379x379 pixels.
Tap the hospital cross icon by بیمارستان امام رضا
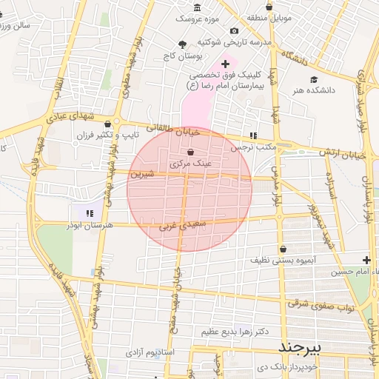pyautogui.click(x=226, y=65)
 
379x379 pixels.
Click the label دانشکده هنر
pyautogui.click(x=314, y=90)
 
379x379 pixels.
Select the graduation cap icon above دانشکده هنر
pyautogui.click(x=314, y=79)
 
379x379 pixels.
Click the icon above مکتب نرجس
pyautogui.click(x=253, y=135)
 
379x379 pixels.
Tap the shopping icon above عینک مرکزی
pyautogui.click(x=191, y=152)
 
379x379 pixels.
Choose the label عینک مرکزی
pyautogui.click(x=191, y=163)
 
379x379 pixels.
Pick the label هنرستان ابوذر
pyautogui.click(x=89, y=224)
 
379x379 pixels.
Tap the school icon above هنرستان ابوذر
pyautogui.click(x=90, y=213)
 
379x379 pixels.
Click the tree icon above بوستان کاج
pyautogui.click(x=183, y=45)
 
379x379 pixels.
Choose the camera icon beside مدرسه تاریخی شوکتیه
pyautogui.click(x=235, y=30)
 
